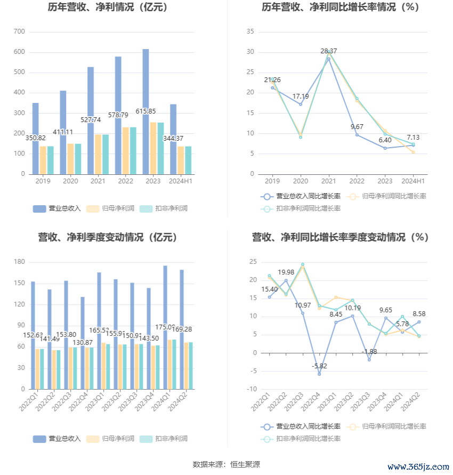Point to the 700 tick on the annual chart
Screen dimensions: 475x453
click(x=19, y=31)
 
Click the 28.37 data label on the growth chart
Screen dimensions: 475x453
click(x=329, y=51)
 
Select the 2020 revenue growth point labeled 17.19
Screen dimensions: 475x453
click(x=301, y=104)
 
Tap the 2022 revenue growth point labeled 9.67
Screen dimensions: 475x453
click(x=357, y=134)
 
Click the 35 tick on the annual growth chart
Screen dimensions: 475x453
click(x=250, y=31)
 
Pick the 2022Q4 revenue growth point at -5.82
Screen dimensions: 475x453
click(x=319, y=374)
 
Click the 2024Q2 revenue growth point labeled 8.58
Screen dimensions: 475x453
click(x=419, y=321)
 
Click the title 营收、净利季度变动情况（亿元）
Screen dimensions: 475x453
click(x=107, y=237)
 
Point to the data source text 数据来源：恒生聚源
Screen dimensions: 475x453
click(x=226, y=464)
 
